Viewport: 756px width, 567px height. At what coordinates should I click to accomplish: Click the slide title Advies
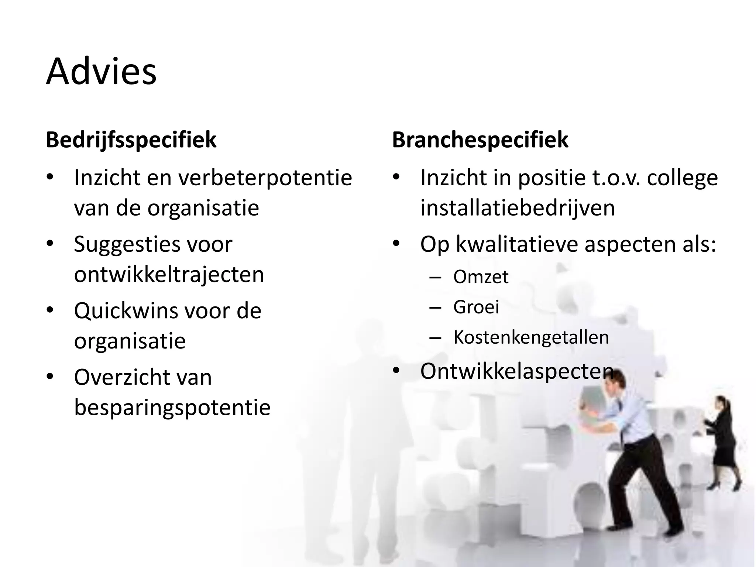click(101, 72)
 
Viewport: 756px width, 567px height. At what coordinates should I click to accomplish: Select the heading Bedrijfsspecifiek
click(131, 140)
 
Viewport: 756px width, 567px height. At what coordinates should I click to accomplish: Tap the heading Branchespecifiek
click(480, 140)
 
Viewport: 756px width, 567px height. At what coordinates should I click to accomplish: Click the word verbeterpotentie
click(265, 178)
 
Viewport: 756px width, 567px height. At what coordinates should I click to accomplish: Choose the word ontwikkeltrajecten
click(169, 275)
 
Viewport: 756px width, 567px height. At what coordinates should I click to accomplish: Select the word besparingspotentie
click(172, 408)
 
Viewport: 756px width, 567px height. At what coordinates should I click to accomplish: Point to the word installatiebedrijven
click(518, 208)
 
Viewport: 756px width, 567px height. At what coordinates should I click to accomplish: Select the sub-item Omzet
click(481, 277)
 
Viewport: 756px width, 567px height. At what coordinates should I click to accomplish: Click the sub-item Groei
click(476, 307)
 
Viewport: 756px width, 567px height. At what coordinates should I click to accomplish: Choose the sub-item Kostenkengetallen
click(531, 337)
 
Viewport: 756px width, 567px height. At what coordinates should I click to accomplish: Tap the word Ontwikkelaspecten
click(517, 371)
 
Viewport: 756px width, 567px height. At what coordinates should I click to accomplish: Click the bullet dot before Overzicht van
click(50, 377)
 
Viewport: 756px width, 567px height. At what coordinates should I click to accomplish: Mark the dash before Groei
click(436, 307)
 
